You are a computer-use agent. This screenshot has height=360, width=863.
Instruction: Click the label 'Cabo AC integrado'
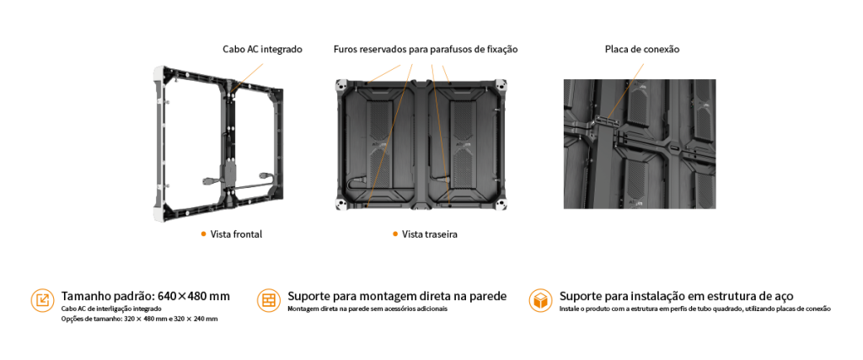[x=263, y=49]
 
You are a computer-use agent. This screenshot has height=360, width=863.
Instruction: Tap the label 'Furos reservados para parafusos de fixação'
[x=426, y=50]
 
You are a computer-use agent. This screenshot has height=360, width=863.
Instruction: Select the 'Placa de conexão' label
[x=642, y=49]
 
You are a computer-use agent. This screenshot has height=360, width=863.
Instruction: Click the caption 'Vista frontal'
[x=236, y=234]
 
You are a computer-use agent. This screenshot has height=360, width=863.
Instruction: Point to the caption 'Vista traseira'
[x=430, y=234]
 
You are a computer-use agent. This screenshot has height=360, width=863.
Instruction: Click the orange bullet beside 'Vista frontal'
[x=203, y=234]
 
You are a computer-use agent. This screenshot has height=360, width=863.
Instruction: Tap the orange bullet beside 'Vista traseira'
[x=394, y=234]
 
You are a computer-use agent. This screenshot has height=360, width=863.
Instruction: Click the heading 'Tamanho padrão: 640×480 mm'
[x=145, y=296]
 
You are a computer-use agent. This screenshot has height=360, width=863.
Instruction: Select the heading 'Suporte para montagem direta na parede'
[x=397, y=296]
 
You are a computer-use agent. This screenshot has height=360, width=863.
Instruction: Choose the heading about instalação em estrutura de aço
[x=677, y=296]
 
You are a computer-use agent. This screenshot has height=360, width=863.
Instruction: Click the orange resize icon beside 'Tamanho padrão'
[x=42, y=300]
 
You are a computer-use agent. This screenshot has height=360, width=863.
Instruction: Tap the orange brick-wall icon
[x=269, y=300]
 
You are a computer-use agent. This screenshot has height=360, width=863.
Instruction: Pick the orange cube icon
[x=540, y=300]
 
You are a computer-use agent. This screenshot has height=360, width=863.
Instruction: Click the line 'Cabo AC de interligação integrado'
[x=112, y=309]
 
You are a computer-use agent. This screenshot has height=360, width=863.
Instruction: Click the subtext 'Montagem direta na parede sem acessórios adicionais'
[x=367, y=309]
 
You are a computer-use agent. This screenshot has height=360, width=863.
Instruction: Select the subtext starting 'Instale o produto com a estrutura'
[x=694, y=309]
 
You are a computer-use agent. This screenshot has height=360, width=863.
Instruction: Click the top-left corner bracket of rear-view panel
[x=342, y=86]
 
